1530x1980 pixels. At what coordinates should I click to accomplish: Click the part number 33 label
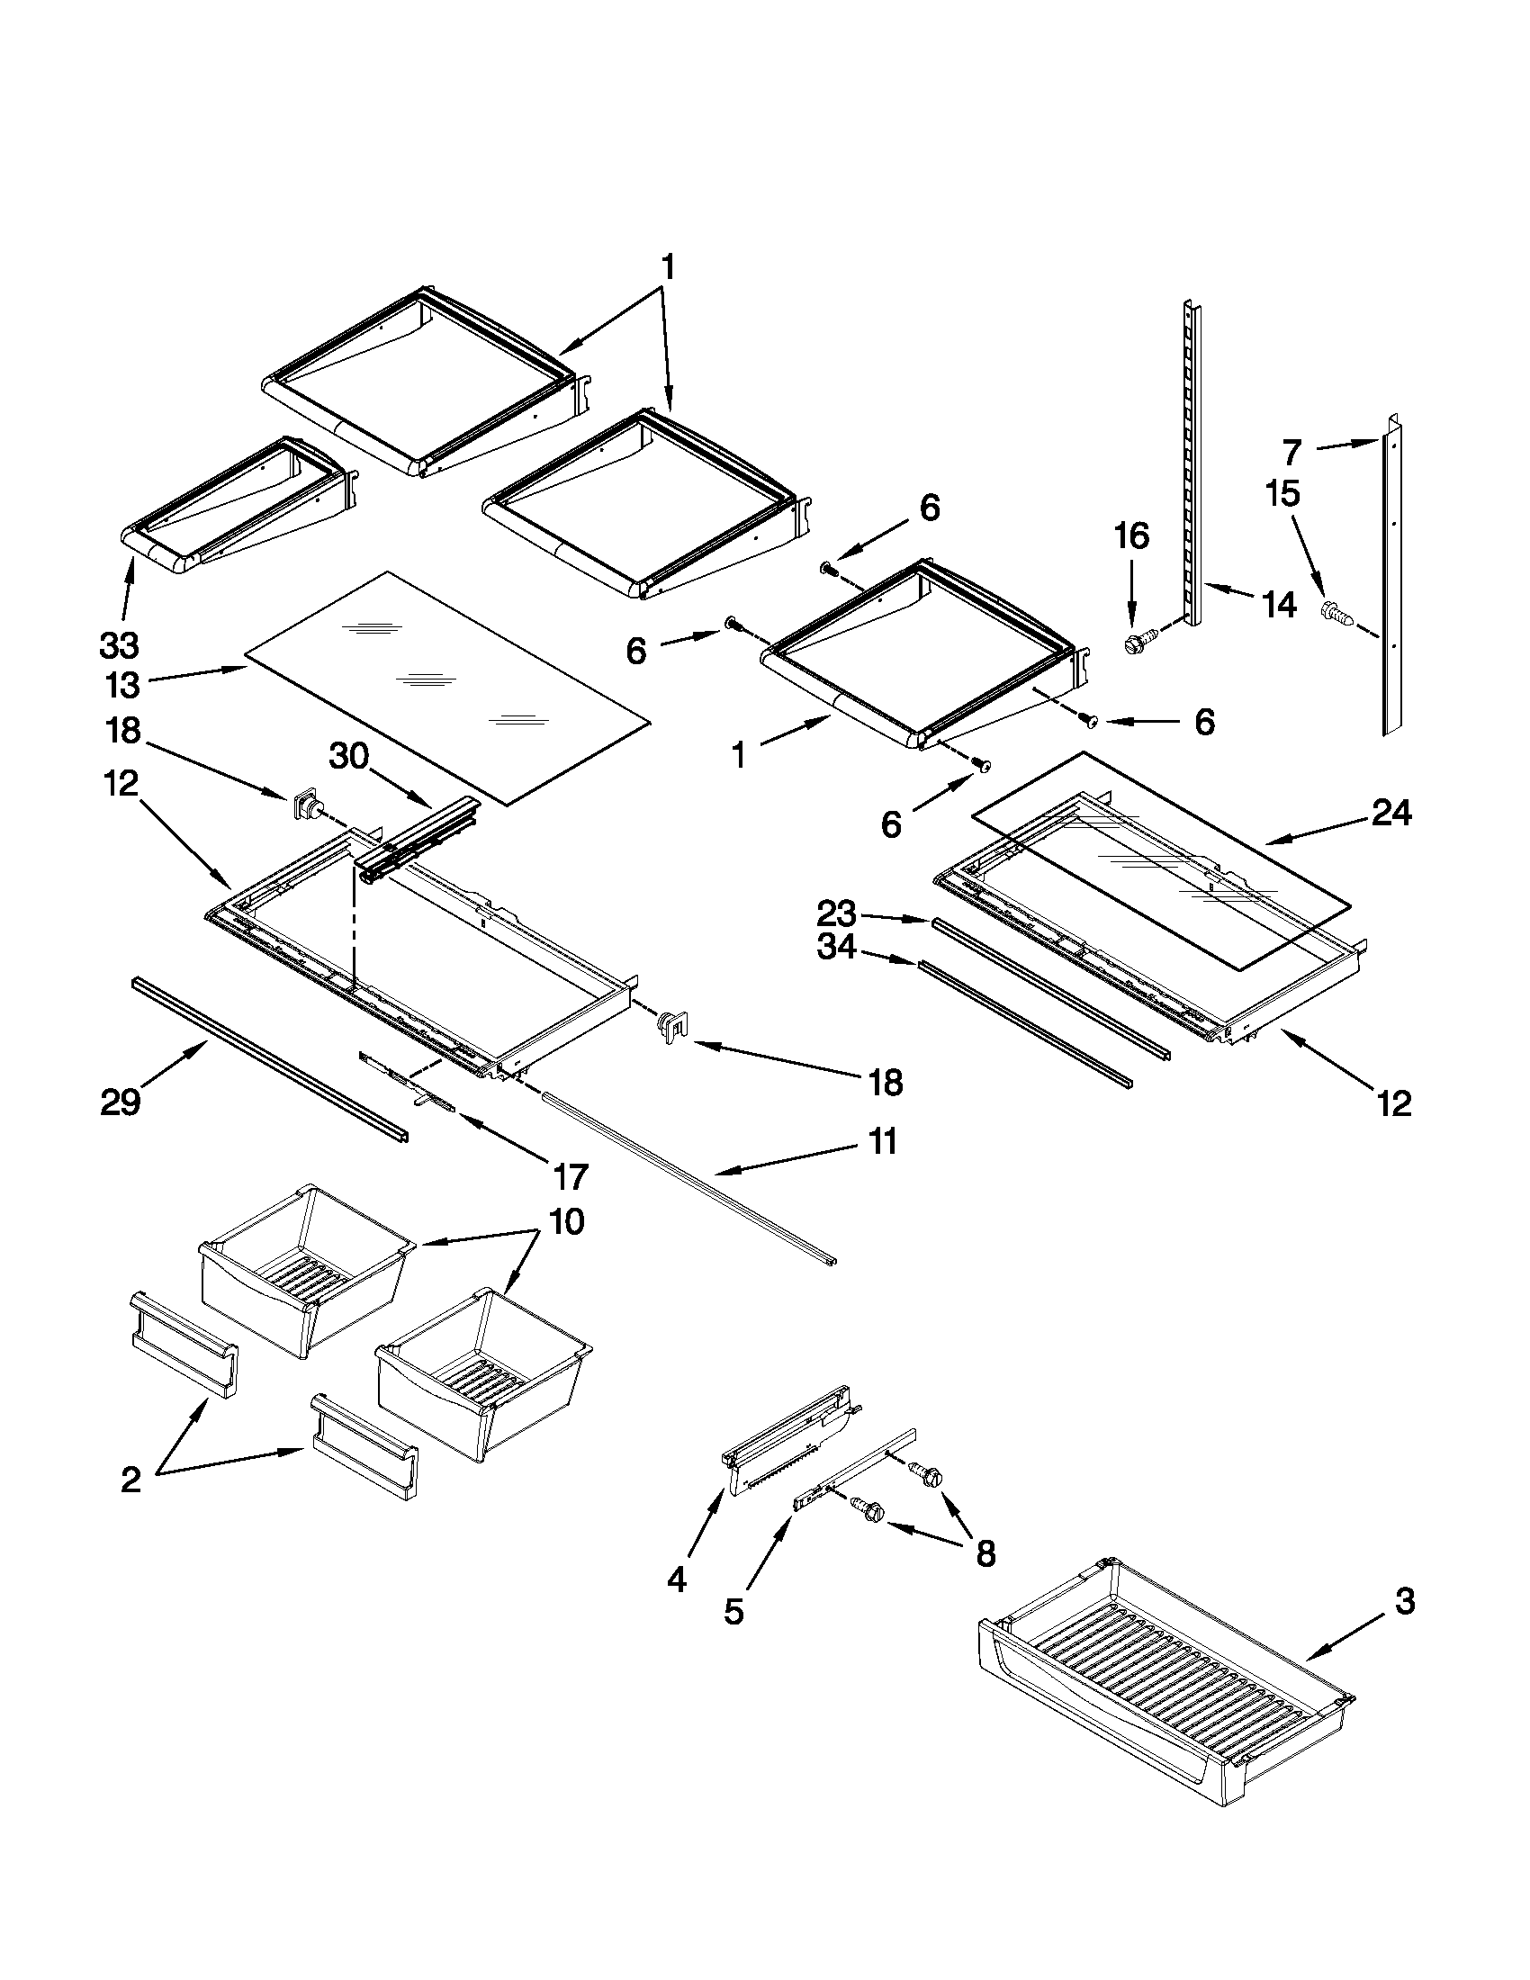(119, 645)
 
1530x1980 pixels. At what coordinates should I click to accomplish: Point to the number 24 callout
(1391, 814)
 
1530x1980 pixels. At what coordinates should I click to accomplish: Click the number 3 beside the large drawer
(1403, 1602)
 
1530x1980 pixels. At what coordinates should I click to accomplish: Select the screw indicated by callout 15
(1336, 613)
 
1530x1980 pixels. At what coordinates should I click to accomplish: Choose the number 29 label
(121, 1102)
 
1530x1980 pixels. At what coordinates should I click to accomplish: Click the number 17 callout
(570, 1176)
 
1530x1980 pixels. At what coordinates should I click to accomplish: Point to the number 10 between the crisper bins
(564, 1222)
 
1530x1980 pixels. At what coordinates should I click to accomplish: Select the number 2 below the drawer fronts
(131, 1480)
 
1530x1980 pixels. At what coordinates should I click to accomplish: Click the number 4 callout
(677, 1580)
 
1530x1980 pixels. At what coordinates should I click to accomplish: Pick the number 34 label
(836, 948)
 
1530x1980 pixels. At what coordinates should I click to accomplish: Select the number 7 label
(1291, 452)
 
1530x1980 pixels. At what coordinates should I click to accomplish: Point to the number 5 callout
(733, 1612)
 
